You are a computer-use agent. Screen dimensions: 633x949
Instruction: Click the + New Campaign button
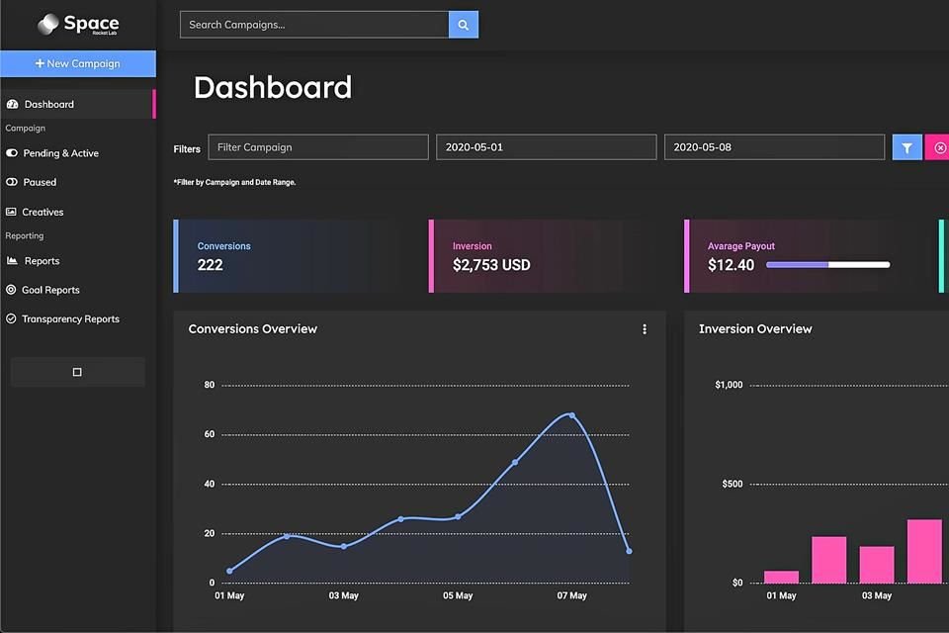(77, 63)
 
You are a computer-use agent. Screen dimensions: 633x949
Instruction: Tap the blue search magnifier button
(463, 25)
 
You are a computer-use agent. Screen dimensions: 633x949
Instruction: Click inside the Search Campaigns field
(313, 25)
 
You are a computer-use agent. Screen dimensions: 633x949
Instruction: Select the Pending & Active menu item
(60, 153)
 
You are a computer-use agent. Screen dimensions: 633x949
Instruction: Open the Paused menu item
(40, 182)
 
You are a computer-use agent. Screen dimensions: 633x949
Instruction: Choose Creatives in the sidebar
(43, 212)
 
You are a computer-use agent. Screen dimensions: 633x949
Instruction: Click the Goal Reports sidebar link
(50, 290)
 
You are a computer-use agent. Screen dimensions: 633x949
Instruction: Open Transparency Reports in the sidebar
(70, 319)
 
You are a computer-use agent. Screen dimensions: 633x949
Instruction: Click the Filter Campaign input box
(317, 147)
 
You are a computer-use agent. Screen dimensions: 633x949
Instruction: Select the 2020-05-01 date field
(546, 147)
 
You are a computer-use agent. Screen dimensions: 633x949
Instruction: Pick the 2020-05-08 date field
(774, 147)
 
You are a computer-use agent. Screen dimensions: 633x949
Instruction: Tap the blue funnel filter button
(906, 147)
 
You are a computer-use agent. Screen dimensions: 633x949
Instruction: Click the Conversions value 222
(211, 265)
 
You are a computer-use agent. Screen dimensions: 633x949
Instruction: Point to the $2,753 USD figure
(491, 265)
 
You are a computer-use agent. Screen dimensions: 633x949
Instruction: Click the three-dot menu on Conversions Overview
(645, 329)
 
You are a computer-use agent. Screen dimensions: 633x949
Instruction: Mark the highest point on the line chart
(571, 415)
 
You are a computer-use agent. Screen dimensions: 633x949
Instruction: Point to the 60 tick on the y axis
(210, 434)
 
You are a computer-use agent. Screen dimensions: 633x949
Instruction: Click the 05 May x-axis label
(458, 596)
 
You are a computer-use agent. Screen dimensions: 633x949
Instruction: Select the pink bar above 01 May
(781, 577)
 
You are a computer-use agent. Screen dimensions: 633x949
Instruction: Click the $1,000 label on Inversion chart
(729, 385)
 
